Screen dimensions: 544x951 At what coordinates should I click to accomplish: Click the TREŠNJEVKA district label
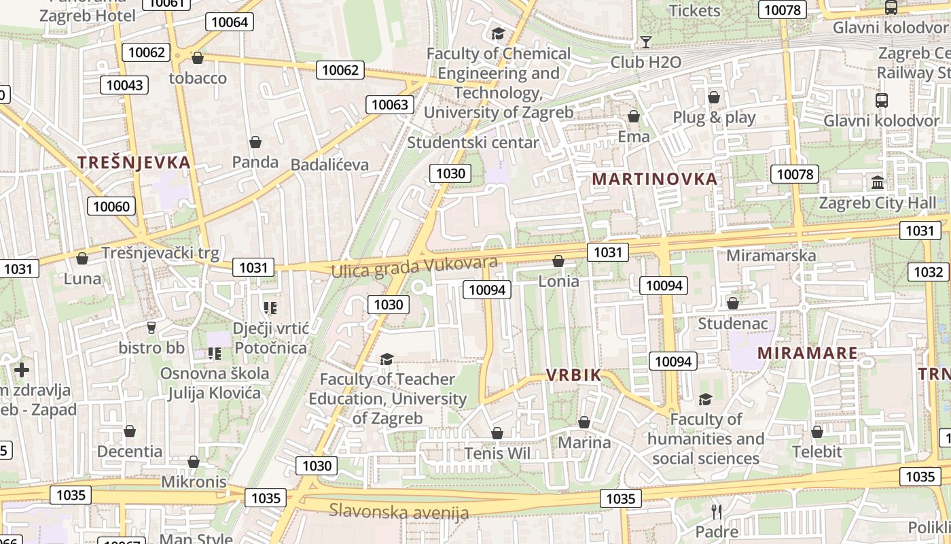pyautogui.click(x=134, y=163)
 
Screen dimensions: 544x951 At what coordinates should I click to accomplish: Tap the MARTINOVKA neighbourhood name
pyautogui.click(x=654, y=179)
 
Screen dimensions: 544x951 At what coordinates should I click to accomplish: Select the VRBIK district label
pyautogui.click(x=574, y=375)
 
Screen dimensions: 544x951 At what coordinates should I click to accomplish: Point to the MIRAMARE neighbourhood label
pyautogui.click(x=808, y=353)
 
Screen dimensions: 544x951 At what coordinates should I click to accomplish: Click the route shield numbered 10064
pyautogui.click(x=230, y=22)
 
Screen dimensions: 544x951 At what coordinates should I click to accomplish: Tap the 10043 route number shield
pyautogui.click(x=125, y=85)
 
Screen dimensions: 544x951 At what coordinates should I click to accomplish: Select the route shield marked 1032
pyautogui.click(x=928, y=272)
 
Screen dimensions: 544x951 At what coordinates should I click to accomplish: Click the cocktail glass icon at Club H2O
pyautogui.click(x=646, y=42)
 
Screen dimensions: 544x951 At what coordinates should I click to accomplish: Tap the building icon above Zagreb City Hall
pyautogui.click(x=878, y=183)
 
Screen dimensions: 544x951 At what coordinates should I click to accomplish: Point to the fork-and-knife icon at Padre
pyautogui.click(x=717, y=511)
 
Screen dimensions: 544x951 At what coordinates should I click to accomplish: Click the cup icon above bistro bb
pyautogui.click(x=151, y=328)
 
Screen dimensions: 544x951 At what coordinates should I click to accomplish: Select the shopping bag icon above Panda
pyautogui.click(x=255, y=142)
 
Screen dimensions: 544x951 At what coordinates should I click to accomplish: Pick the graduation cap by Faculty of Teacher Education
pyautogui.click(x=387, y=359)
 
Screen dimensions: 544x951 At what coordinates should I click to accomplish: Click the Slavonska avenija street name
pyautogui.click(x=399, y=511)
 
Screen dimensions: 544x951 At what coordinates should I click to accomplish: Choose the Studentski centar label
pyautogui.click(x=473, y=143)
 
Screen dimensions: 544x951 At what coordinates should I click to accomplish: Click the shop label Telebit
pyautogui.click(x=817, y=452)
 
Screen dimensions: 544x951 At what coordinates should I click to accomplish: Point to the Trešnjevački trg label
pyautogui.click(x=160, y=254)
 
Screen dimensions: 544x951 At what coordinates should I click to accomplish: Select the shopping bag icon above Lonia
pyautogui.click(x=558, y=261)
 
